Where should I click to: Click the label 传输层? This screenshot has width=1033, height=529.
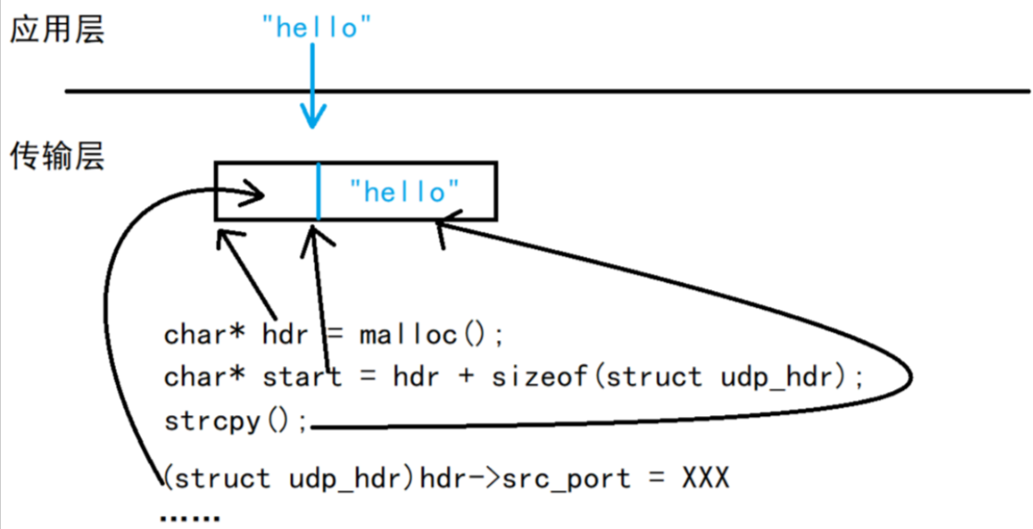click(x=57, y=156)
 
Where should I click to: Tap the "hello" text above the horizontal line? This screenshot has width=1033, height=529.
click(x=317, y=27)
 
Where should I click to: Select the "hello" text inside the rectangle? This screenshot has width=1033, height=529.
click(x=404, y=192)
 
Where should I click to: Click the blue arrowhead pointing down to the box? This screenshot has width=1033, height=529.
click(x=314, y=119)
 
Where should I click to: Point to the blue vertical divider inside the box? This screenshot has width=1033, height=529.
click(x=317, y=191)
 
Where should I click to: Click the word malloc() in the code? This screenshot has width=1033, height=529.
click(x=429, y=334)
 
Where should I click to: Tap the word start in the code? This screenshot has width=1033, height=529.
click(x=302, y=377)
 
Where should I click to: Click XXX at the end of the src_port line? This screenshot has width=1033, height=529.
click(x=705, y=478)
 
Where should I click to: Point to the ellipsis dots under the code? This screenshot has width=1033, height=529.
click(x=190, y=518)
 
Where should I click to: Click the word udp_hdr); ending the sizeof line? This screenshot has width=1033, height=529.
click(x=790, y=377)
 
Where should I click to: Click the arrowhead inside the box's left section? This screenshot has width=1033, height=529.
click(x=259, y=195)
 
